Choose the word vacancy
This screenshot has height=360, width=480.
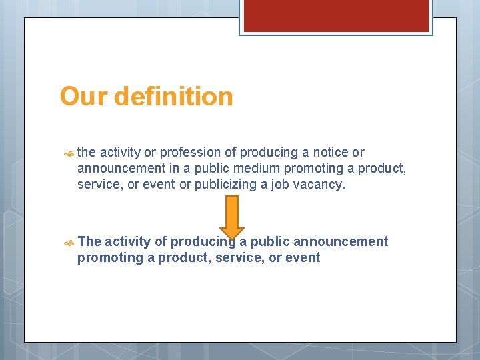pos(319,185)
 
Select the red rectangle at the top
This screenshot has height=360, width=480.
pos(336,15)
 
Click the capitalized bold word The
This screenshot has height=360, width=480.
pos(89,241)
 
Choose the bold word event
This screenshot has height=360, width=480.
pos(303,258)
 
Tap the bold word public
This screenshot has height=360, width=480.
pos(270,241)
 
